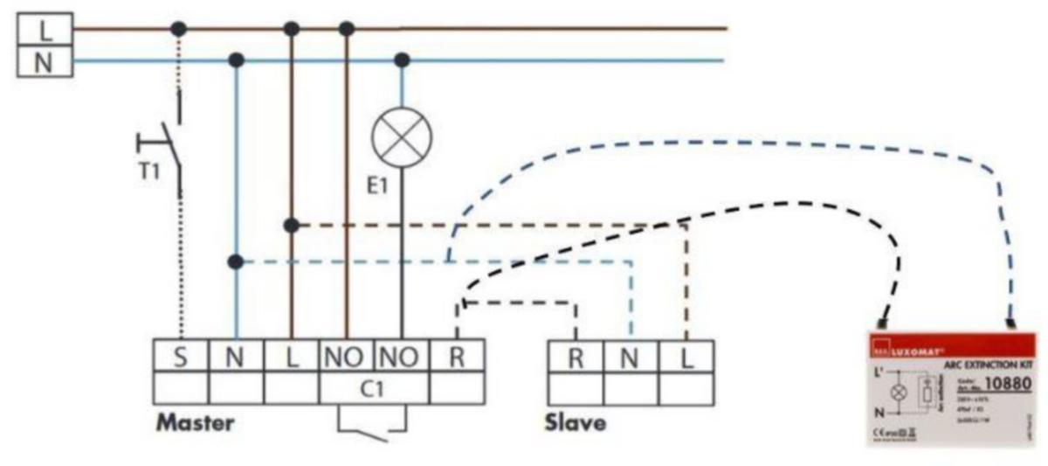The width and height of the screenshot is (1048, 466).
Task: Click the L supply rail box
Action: point(44,30)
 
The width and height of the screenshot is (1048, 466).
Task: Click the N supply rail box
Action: point(44,62)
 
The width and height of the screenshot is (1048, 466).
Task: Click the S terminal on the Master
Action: point(180,357)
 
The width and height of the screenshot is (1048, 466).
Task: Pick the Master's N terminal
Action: point(236,357)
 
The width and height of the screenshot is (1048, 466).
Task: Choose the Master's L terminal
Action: point(291,357)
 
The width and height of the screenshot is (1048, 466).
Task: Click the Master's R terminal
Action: point(457,357)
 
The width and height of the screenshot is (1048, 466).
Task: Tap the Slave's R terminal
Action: point(575,357)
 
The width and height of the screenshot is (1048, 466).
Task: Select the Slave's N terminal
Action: point(630,357)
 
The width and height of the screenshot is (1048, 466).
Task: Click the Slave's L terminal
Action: point(686,357)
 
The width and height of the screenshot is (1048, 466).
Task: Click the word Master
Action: point(195,424)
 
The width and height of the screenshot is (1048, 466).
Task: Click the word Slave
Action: point(576,424)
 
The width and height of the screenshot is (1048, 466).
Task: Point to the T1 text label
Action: point(150,170)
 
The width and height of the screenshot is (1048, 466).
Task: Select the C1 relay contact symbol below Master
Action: point(373,425)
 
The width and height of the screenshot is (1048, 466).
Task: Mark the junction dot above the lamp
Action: point(402,60)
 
